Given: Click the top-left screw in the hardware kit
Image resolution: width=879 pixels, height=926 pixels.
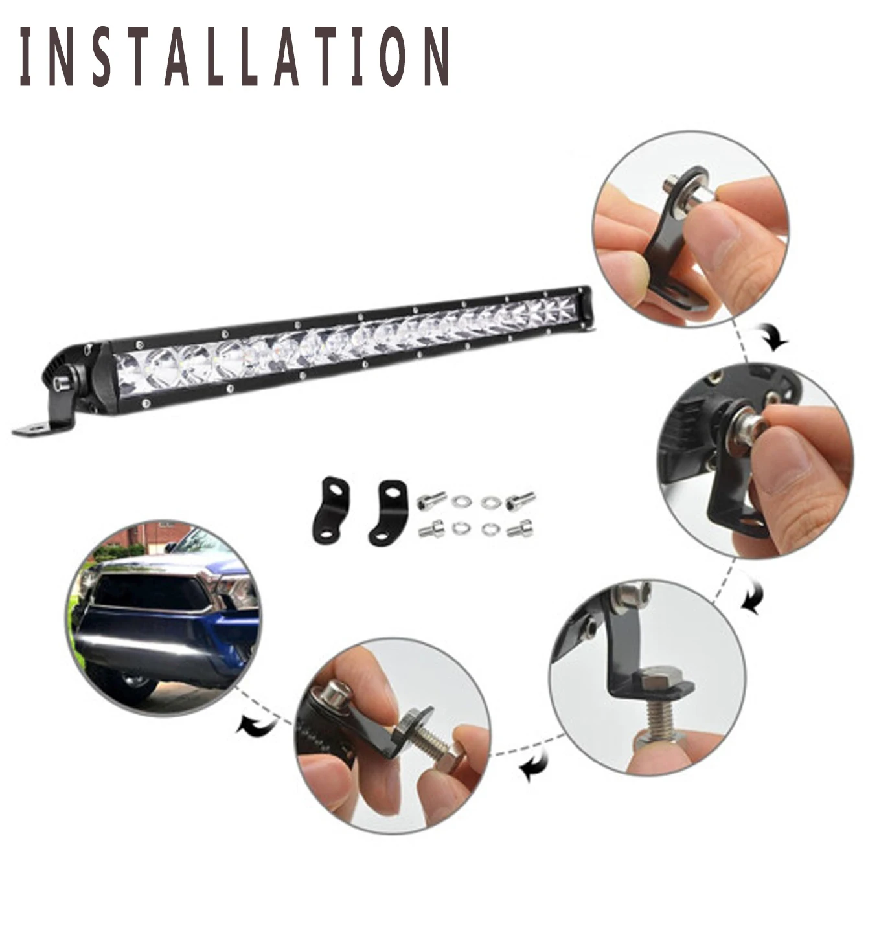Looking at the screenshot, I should click(x=432, y=499).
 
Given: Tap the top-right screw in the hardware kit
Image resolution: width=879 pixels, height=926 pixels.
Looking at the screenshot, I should click(x=521, y=499).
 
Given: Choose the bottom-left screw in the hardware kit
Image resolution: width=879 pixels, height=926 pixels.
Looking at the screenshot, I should click(x=430, y=531).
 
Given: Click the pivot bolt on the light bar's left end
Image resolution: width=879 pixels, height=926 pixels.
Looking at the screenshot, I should click(x=63, y=383).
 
